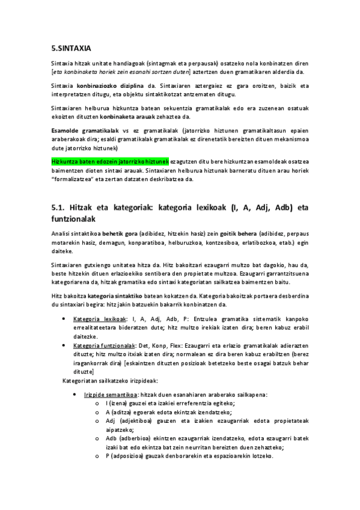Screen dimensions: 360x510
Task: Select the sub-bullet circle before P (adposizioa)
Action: (x=97, y=456)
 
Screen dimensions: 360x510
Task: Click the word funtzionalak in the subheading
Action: (x=84, y=219)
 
